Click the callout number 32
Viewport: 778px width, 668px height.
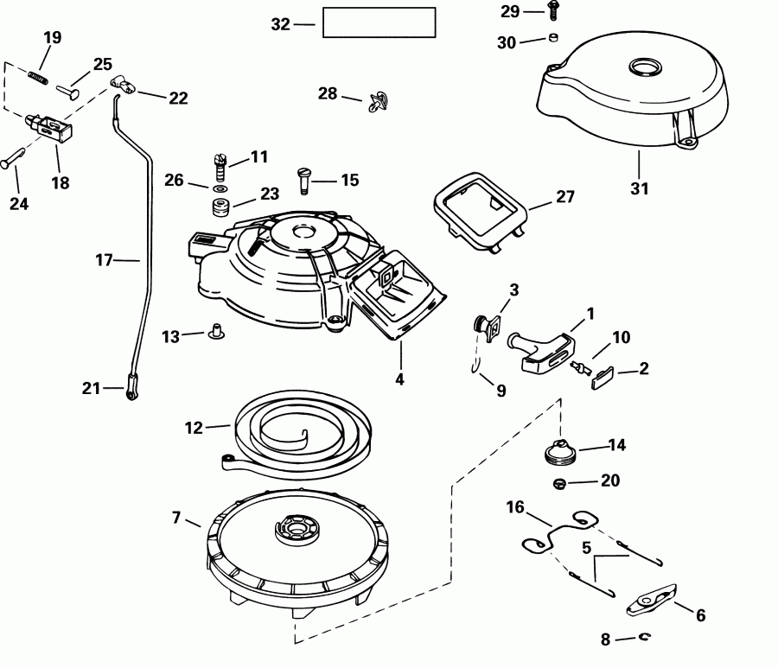(280, 24)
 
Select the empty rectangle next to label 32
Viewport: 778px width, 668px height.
(379, 22)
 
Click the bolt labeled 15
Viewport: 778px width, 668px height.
(305, 180)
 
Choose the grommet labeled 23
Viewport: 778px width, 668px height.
(219, 208)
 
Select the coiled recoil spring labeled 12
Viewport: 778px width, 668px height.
(277, 425)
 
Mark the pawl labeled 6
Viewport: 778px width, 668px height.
(651, 602)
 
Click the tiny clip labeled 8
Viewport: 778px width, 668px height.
(647, 639)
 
